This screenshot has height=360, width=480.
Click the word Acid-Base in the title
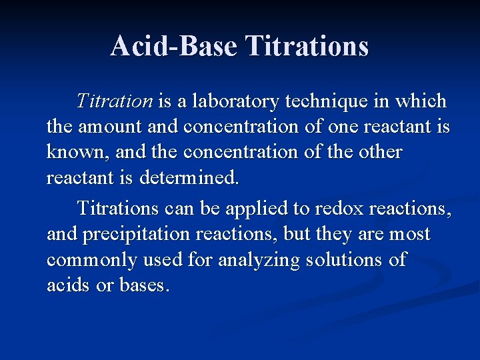174,46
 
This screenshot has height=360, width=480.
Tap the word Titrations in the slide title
307,46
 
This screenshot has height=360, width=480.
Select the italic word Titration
115,101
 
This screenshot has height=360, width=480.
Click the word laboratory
236,101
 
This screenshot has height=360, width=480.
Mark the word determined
189,178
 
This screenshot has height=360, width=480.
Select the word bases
144,285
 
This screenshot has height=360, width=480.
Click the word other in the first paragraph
381,152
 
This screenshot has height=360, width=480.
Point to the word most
409,235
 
